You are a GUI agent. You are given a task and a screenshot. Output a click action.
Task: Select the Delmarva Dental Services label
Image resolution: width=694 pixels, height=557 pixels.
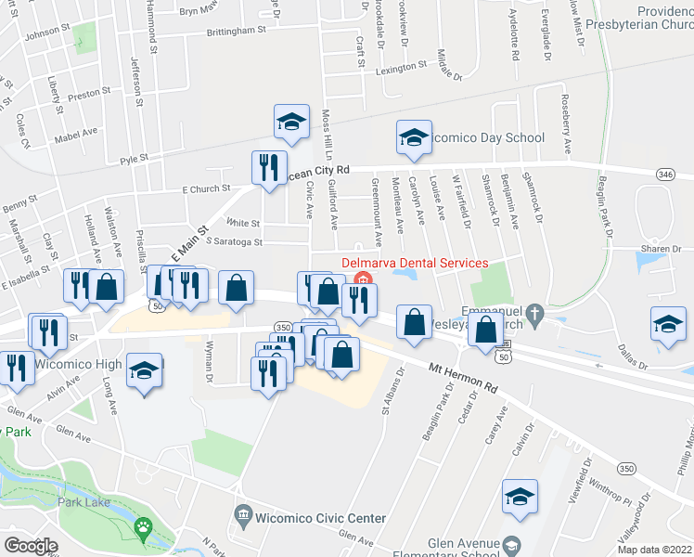point(415,263)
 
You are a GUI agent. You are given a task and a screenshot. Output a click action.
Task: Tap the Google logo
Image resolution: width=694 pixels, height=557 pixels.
point(31,546)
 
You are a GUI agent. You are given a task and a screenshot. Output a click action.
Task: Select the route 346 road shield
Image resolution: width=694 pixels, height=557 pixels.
point(664,175)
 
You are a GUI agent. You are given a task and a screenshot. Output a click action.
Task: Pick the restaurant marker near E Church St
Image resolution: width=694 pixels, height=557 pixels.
point(268,167)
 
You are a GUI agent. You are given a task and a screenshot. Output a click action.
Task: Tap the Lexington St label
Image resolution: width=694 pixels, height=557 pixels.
point(401,68)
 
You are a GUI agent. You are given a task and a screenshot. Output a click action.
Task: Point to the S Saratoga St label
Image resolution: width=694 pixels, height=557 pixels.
point(235,242)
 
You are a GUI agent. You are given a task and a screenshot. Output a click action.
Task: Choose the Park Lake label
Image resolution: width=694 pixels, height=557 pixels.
point(84,502)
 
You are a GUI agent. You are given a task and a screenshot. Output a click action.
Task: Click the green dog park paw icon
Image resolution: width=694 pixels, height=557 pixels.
point(143,529)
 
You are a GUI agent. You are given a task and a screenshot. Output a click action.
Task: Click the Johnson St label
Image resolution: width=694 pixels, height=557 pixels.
point(47,35)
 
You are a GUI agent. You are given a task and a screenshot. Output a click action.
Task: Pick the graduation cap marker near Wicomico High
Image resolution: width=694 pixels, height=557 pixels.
point(144,370)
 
